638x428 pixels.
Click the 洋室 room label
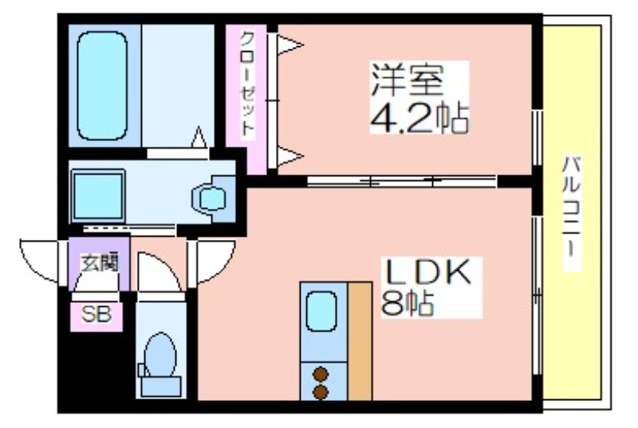pyautogui.click(x=407, y=79)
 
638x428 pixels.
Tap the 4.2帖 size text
pyautogui.click(x=419, y=118)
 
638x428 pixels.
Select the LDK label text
pyautogui.click(x=428, y=273)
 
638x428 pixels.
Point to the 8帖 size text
pyautogui.click(x=407, y=303)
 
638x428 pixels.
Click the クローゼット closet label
pyautogui.click(x=247, y=84)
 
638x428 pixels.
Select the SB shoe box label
pyautogui.click(x=96, y=315)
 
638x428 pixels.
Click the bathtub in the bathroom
pyautogui.click(x=102, y=86)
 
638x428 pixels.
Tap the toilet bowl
pyautogui.click(x=160, y=354)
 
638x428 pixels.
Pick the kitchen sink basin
pyautogui.click(x=321, y=312)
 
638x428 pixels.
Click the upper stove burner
pyautogui.click(x=321, y=374)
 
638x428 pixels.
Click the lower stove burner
pyautogui.click(x=321, y=392)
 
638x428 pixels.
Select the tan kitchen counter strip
pyautogui.click(x=360, y=341)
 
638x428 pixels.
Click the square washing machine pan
pyautogui.click(x=98, y=195)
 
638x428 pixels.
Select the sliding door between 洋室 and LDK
pyautogui.click(x=401, y=181)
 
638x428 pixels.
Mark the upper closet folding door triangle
pyautogui.click(x=289, y=45)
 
